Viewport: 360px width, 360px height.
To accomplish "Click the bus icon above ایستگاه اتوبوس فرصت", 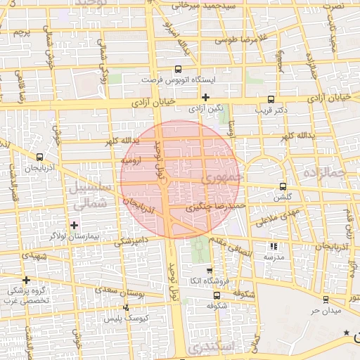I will (177, 70).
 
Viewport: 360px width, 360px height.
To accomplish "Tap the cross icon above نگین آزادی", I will (205, 97).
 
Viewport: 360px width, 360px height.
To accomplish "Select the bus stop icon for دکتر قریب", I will (271, 99).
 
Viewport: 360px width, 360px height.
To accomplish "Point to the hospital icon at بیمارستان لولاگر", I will (75, 225).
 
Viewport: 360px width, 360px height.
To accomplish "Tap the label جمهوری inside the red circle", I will (221, 176).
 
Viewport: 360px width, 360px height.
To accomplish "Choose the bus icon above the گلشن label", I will (283, 186).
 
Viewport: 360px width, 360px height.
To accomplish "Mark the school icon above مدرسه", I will (274, 246).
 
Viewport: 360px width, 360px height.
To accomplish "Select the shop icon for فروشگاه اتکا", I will (208, 270).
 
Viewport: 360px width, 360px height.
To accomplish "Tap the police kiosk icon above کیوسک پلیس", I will (126, 307).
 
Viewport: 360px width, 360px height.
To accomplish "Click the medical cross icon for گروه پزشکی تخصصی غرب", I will (26, 280).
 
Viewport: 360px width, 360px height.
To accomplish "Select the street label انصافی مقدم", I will (233, 243).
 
